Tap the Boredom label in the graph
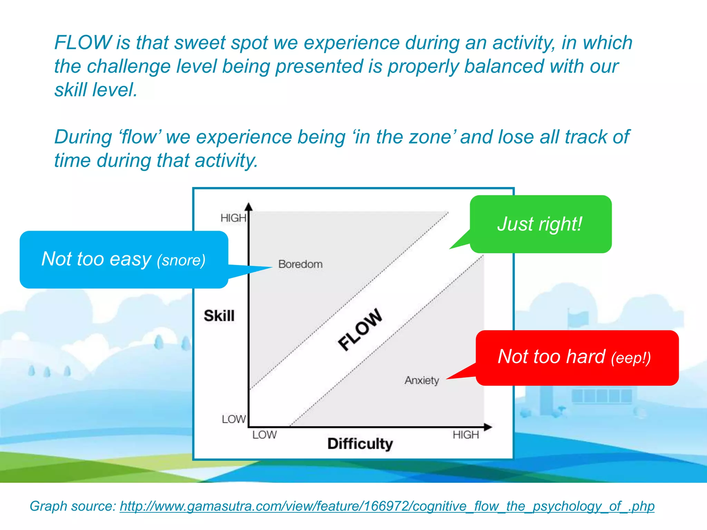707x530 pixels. (300, 264)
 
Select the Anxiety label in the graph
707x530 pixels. (422, 380)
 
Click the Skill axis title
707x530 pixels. (219, 316)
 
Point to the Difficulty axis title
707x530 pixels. (360, 444)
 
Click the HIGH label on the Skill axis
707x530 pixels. (233, 218)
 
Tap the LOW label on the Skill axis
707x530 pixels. (234, 419)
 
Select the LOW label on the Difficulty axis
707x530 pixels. (264, 435)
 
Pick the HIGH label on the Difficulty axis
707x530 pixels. (466, 435)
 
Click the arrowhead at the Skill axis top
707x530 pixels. (249, 207)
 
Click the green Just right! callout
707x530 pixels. (540, 224)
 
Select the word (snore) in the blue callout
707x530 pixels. (181, 261)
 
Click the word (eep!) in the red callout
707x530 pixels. (631, 358)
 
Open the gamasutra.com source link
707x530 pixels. (387, 506)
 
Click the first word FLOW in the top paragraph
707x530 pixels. (83, 43)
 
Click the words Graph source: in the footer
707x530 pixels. (73, 506)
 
